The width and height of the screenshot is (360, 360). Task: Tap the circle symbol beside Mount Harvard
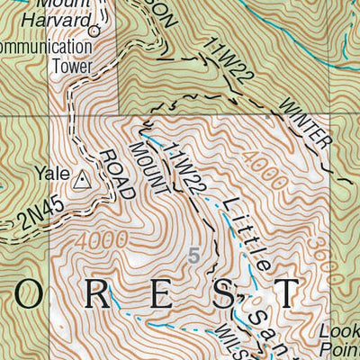(x=94, y=30)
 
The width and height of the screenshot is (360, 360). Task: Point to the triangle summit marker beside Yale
(x=82, y=180)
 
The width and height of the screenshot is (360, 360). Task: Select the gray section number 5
(x=193, y=256)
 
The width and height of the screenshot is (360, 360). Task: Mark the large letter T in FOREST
(x=286, y=292)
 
